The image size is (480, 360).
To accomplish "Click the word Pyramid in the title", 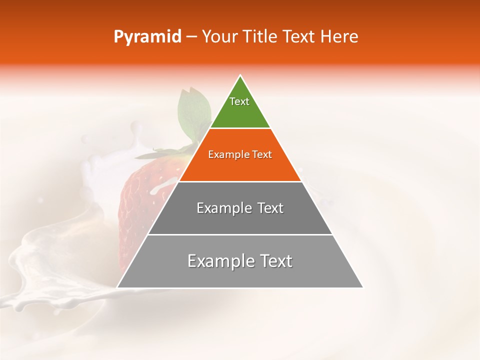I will pos(147,37).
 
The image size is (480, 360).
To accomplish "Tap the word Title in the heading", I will pos(262,37).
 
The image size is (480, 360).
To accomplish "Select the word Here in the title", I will pos(339,37).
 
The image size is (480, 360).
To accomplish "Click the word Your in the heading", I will pos(220,37).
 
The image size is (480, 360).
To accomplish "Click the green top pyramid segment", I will pos(240,115).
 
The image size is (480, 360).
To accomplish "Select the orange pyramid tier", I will pos(240,167).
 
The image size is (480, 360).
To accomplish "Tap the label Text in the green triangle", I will pos(239,101).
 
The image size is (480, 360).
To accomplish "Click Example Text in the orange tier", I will pos(240,154).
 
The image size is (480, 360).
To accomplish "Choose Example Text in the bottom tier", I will pos(240,261).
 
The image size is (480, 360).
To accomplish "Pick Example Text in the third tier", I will pos(240,208).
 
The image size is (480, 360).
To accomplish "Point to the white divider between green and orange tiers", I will pos(240,128).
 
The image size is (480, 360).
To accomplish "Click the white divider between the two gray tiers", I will pos(240,234).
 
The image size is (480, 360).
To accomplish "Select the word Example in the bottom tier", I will pos(218,261).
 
